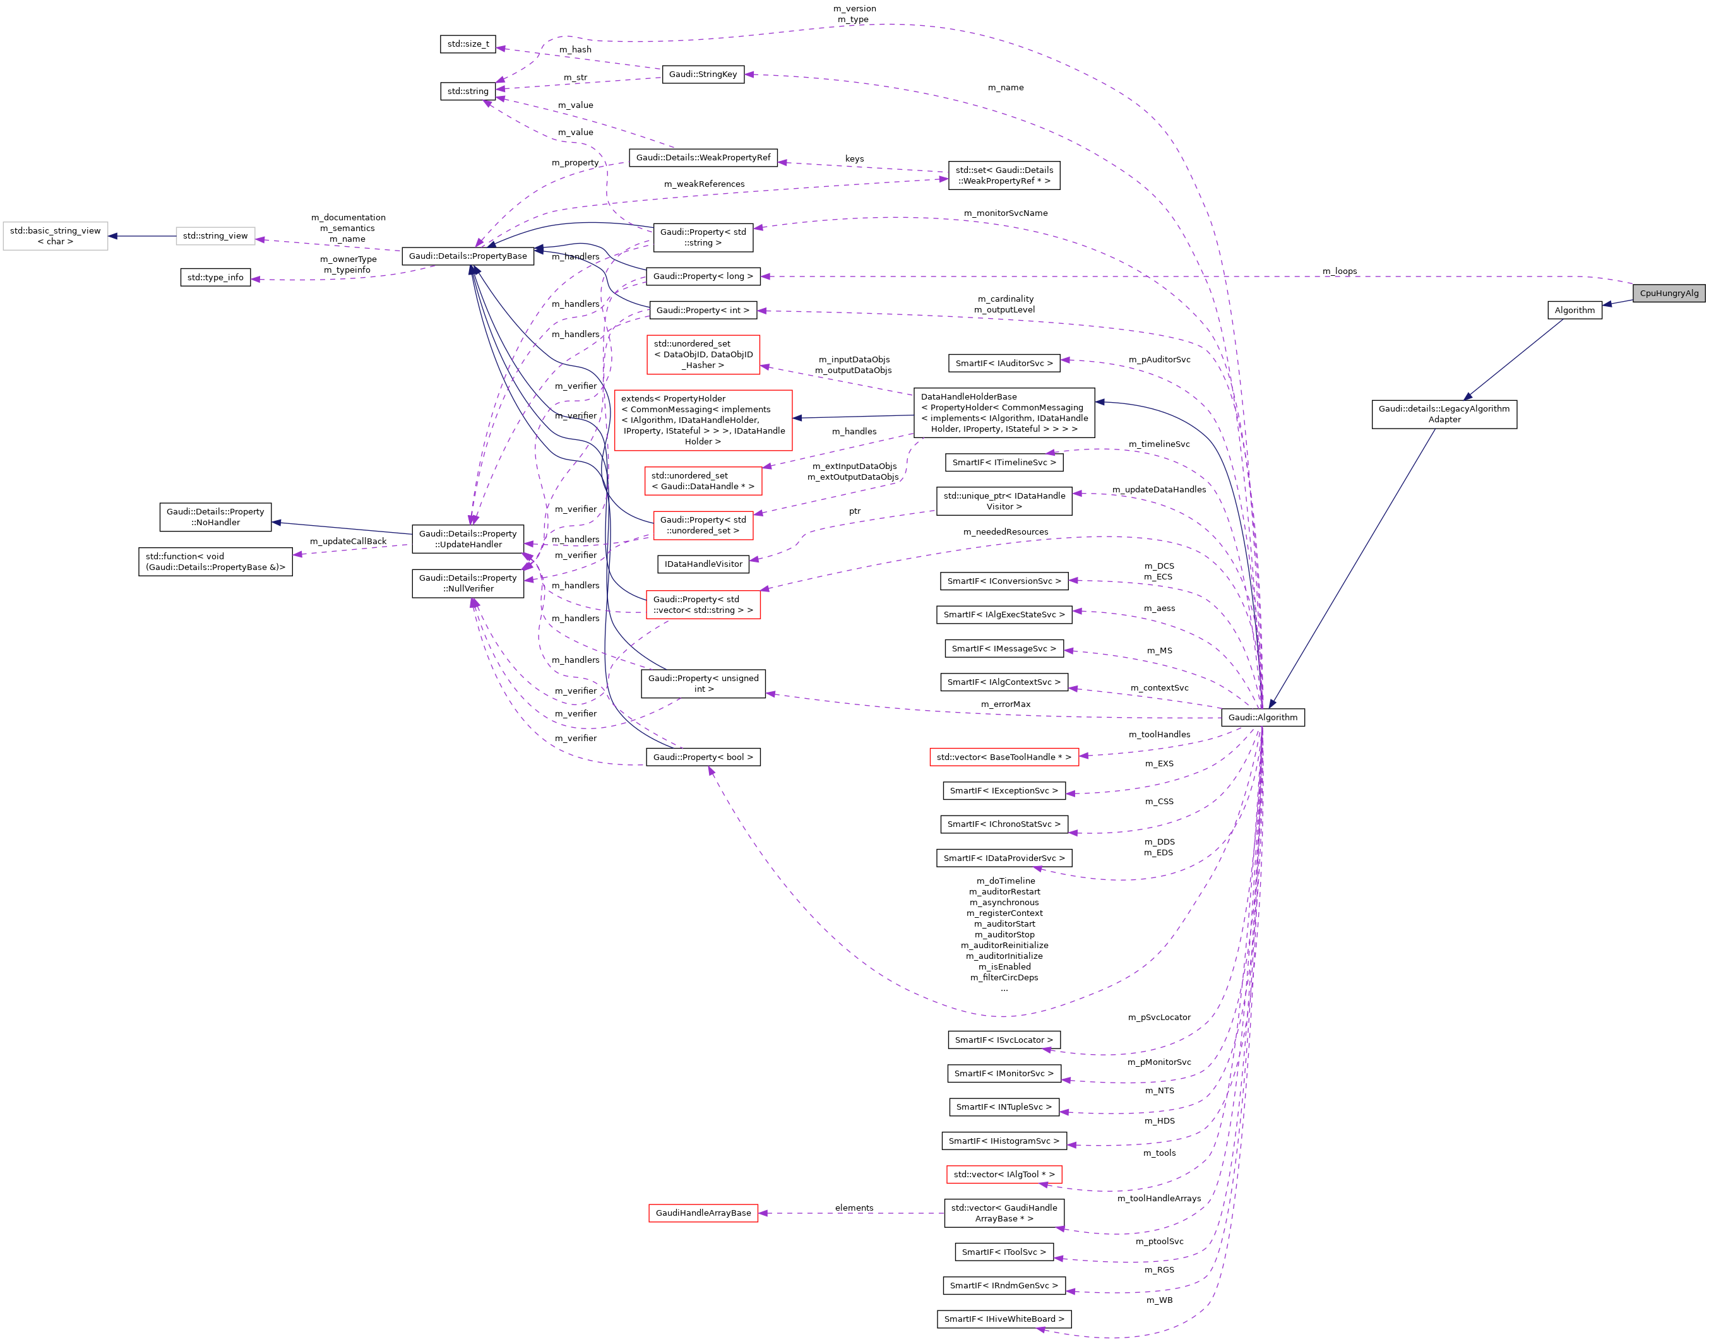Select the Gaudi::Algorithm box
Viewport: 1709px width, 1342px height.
1262,717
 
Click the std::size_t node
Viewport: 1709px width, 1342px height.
468,44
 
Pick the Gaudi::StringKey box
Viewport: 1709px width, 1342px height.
703,74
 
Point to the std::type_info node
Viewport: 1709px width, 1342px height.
215,277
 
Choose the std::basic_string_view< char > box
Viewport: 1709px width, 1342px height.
55,235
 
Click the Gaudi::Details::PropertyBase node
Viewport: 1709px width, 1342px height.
468,256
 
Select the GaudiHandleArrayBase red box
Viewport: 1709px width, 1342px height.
703,1213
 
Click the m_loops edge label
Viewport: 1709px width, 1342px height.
1339,271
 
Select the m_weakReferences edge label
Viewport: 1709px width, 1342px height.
704,184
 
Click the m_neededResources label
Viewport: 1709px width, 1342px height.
1005,532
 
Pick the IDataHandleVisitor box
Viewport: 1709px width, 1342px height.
703,564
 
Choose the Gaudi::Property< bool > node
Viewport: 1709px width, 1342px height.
703,757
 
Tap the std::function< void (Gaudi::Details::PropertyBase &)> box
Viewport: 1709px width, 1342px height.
215,562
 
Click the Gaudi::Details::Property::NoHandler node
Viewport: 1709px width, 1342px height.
215,517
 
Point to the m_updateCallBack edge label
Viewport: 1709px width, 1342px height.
348,542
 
